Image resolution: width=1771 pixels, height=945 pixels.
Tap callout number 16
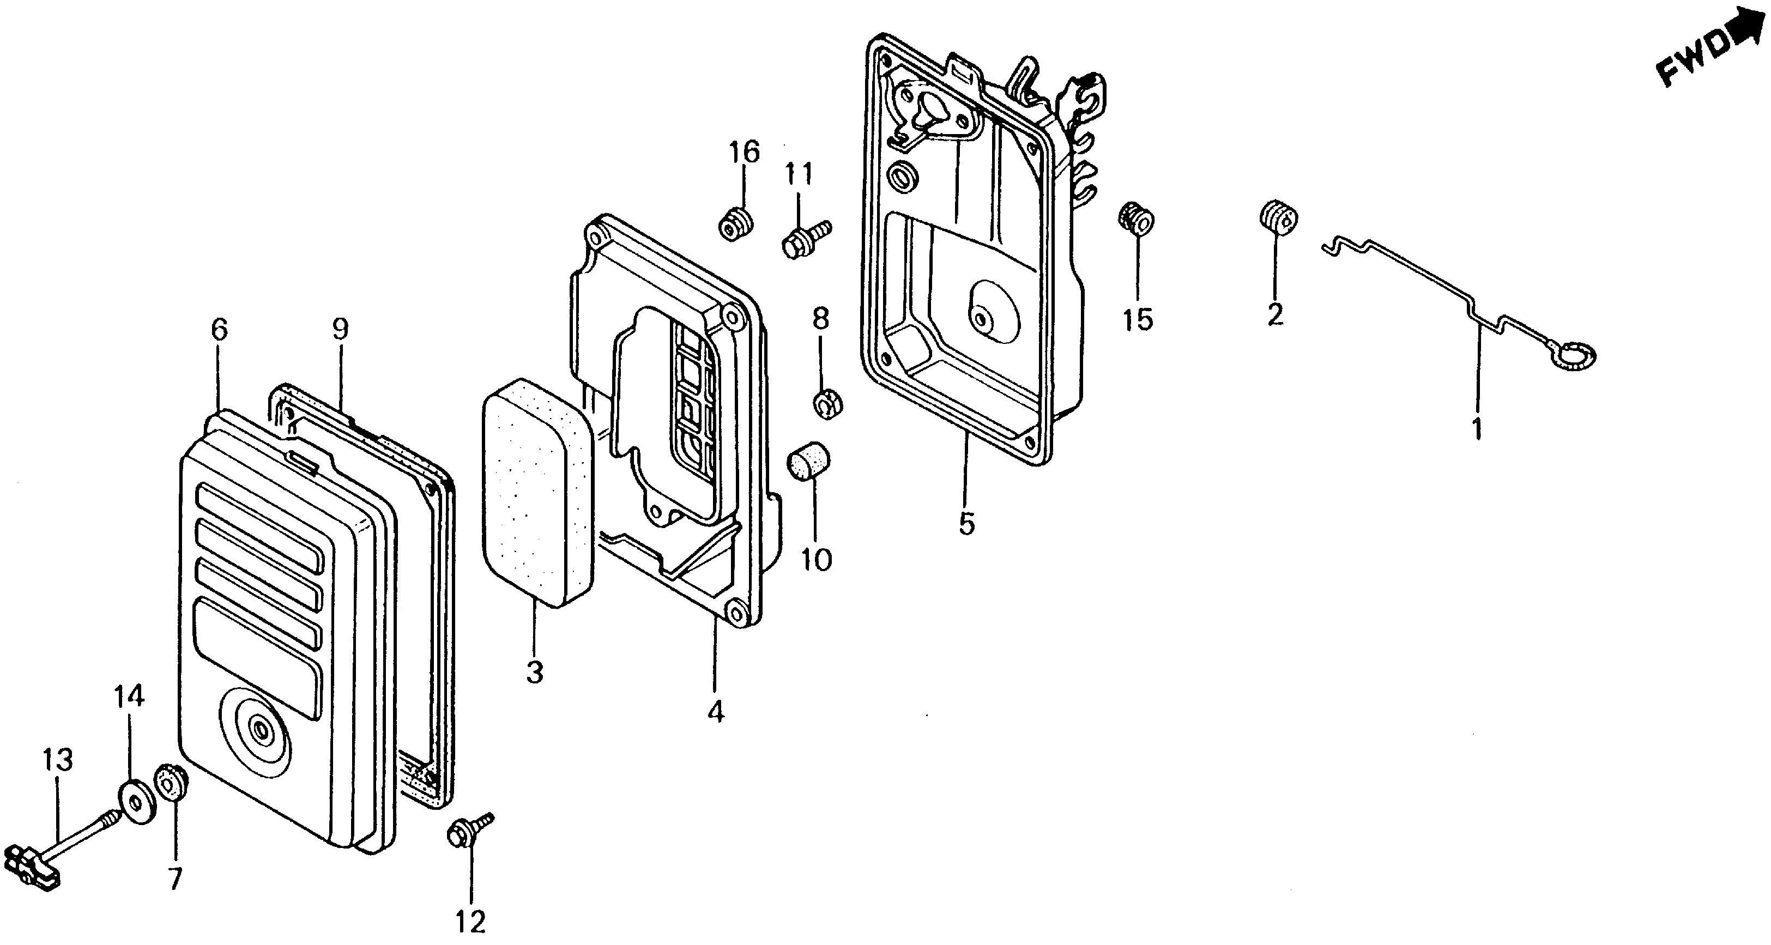[745, 152]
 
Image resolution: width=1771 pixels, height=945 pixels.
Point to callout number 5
[966, 524]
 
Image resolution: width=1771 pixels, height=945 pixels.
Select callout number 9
[340, 330]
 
